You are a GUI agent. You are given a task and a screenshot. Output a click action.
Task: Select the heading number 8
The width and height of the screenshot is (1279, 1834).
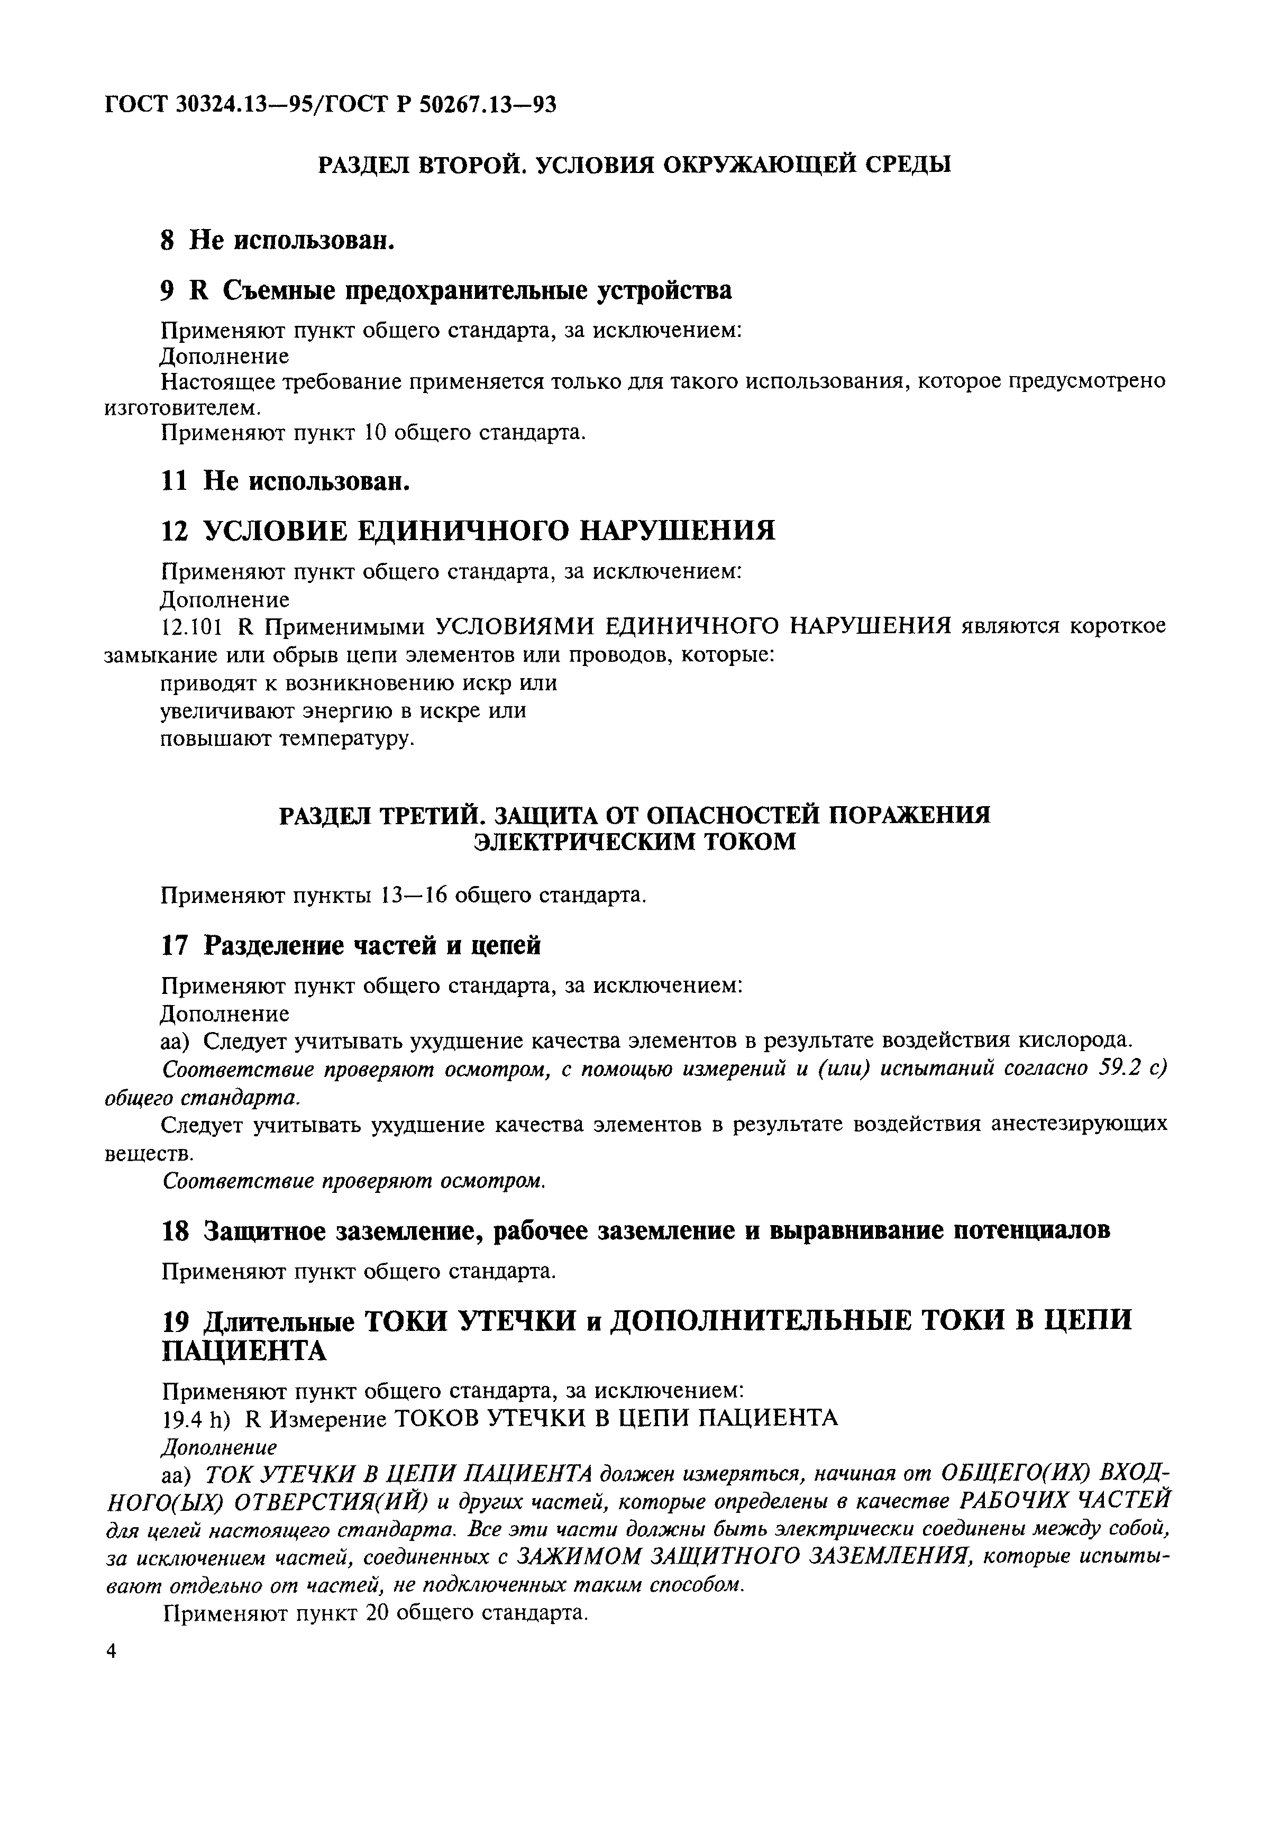tap(167, 240)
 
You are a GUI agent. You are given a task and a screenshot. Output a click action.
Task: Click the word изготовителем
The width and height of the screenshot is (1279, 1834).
tap(183, 407)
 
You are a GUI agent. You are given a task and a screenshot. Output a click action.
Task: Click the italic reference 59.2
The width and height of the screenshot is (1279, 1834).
tap(1116, 1069)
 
